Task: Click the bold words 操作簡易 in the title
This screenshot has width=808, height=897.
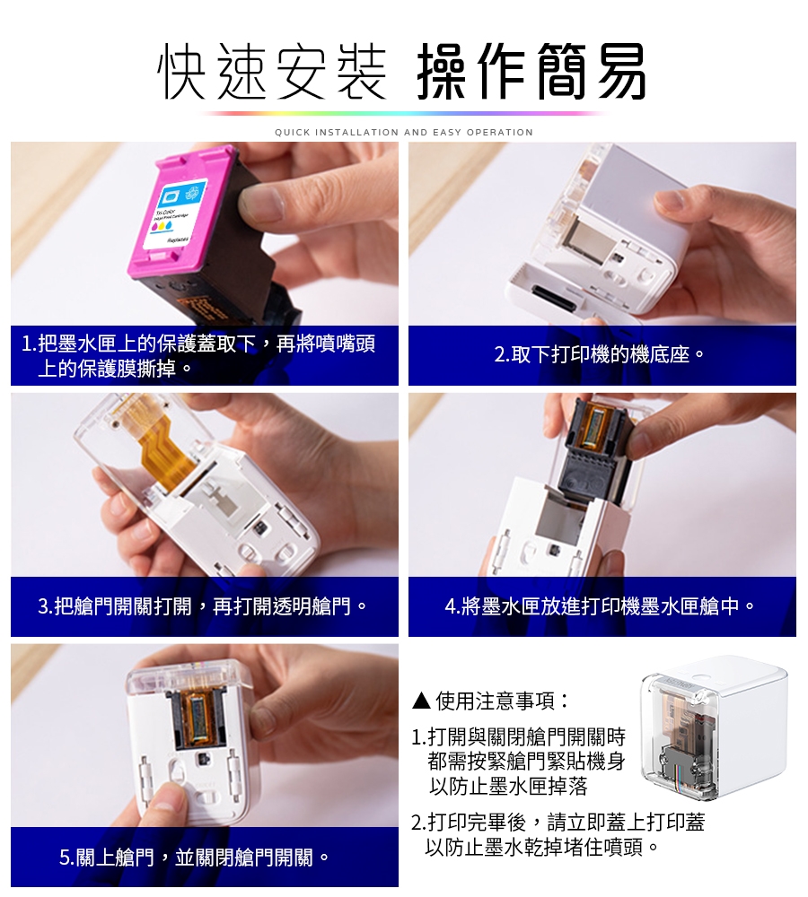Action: (x=531, y=71)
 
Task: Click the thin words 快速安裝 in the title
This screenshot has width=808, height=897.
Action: (x=272, y=71)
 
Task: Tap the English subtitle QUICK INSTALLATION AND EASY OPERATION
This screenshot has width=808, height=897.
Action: (x=404, y=133)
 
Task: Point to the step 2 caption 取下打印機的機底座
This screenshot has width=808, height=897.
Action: (x=602, y=355)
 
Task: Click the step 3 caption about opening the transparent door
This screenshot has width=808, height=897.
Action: (x=205, y=606)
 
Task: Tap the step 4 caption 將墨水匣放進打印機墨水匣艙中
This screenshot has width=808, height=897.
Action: (x=602, y=606)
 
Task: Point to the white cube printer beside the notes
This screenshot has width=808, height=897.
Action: (x=714, y=731)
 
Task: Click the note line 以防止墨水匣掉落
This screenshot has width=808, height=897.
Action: (x=507, y=788)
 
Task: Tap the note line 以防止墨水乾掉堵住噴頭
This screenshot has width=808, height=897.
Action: (x=543, y=847)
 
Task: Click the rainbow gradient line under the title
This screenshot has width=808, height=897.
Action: (x=404, y=113)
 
